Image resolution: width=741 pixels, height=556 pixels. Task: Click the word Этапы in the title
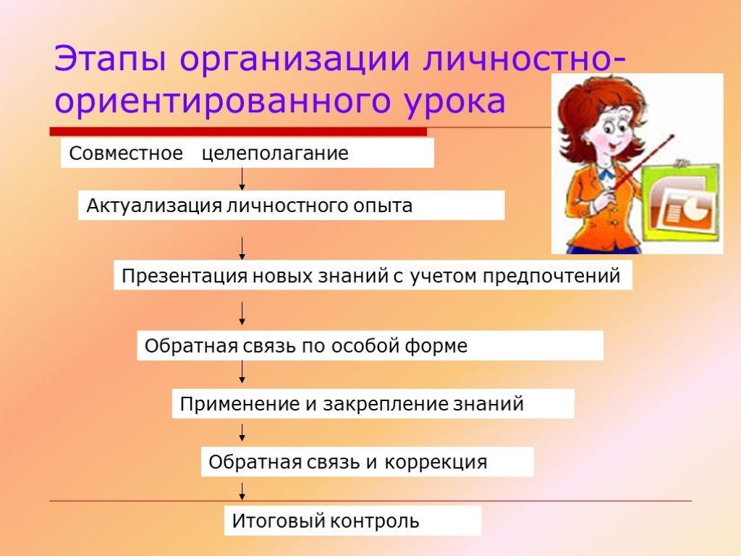click(x=110, y=59)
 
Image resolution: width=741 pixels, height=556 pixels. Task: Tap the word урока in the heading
click(x=454, y=102)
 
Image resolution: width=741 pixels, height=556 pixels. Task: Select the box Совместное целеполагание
click(x=247, y=153)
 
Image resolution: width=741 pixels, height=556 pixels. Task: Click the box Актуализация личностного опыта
click(x=291, y=205)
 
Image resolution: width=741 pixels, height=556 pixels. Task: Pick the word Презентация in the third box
click(x=185, y=276)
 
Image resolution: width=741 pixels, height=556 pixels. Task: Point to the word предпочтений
click(x=551, y=276)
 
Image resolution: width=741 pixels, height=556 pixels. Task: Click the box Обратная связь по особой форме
click(x=370, y=345)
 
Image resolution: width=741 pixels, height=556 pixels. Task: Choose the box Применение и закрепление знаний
click(x=373, y=404)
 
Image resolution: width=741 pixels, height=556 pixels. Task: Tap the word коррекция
click(x=435, y=462)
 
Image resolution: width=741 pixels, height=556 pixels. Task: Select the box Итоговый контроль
click(x=352, y=521)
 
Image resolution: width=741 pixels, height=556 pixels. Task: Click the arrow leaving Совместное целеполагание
click(x=242, y=180)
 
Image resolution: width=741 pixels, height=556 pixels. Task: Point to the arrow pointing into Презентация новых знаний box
click(x=242, y=249)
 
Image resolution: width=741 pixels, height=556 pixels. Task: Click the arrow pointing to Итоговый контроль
click(x=242, y=492)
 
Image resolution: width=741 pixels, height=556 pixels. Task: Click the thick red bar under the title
click(x=238, y=132)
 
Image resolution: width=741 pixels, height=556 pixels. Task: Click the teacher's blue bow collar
click(x=606, y=175)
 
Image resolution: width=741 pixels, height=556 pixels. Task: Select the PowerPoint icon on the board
click(x=682, y=207)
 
